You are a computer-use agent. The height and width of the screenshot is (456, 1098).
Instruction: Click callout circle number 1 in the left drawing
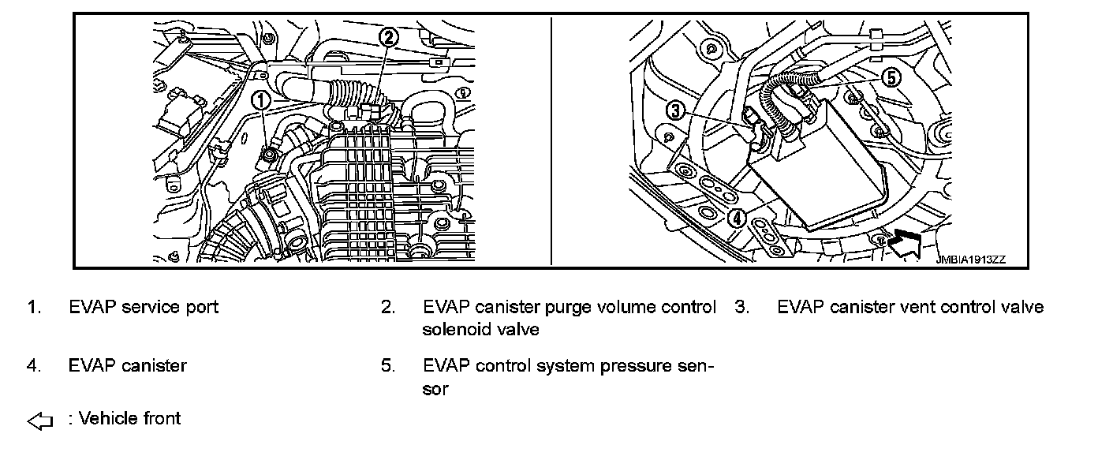click(261, 100)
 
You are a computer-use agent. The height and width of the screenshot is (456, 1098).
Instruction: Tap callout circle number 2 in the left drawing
click(388, 36)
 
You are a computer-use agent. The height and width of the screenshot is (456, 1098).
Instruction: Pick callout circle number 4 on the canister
click(735, 218)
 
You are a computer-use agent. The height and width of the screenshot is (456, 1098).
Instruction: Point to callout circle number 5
click(890, 77)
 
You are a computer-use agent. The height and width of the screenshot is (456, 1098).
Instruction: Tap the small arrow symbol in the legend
click(39, 422)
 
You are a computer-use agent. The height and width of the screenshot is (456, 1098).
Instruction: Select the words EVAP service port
click(144, 307)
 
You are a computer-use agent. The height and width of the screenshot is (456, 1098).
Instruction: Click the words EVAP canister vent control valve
click(910, 307)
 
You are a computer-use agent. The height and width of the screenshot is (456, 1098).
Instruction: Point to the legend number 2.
click(387, 307)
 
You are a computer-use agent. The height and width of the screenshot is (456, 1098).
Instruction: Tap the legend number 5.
click(387, 366)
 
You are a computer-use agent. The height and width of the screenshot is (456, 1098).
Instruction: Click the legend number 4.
click(33, 366)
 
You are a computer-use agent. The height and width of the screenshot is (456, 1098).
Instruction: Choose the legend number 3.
click(741, 307)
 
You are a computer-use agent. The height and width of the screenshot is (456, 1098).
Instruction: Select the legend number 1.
click(33, 307)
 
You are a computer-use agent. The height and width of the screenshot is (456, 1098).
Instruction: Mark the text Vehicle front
click(129, 418)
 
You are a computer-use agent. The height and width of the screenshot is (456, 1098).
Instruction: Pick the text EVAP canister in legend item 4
click(128, 366)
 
